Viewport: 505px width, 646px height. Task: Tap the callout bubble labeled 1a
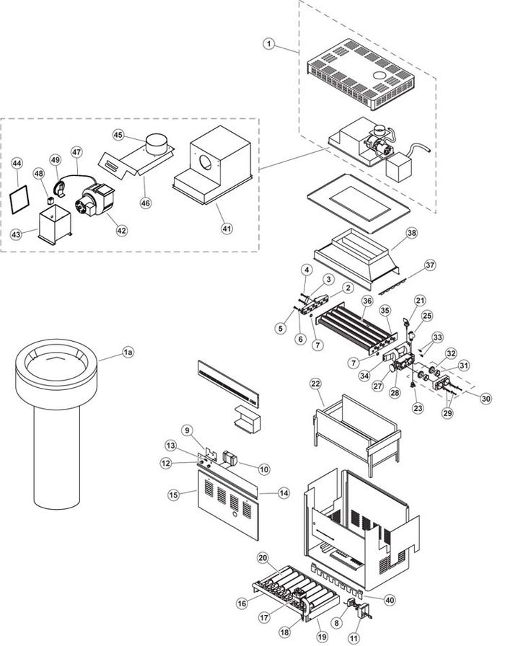point(128,352)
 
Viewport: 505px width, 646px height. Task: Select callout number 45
point(119,135)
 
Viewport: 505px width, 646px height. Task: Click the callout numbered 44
point(17,165)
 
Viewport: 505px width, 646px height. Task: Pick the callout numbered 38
point(411,234)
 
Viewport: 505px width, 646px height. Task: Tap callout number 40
point(390,600)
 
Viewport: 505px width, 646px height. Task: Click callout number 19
point(322,636)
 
